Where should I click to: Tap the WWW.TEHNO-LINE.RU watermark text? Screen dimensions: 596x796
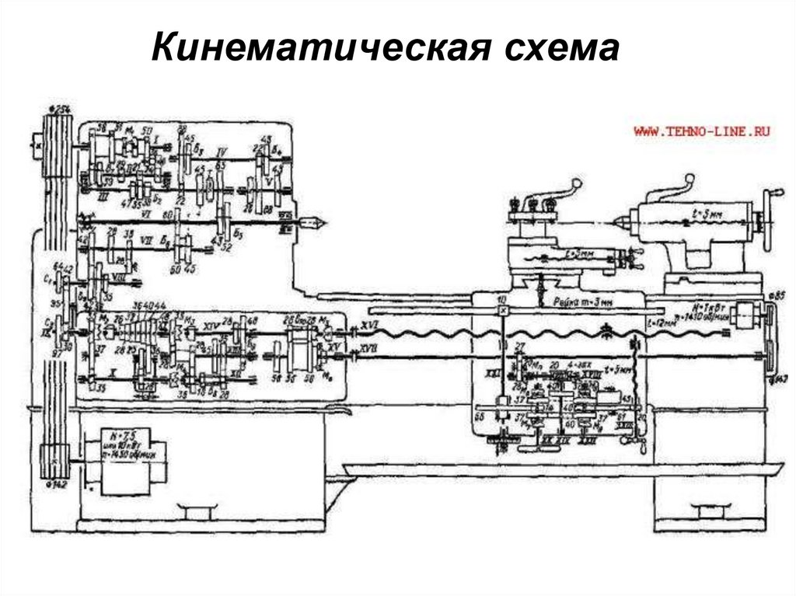pos(702,133)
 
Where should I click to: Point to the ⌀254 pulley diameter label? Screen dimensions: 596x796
pos(59,107)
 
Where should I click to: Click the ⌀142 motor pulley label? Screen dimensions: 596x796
pos(59,485)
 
